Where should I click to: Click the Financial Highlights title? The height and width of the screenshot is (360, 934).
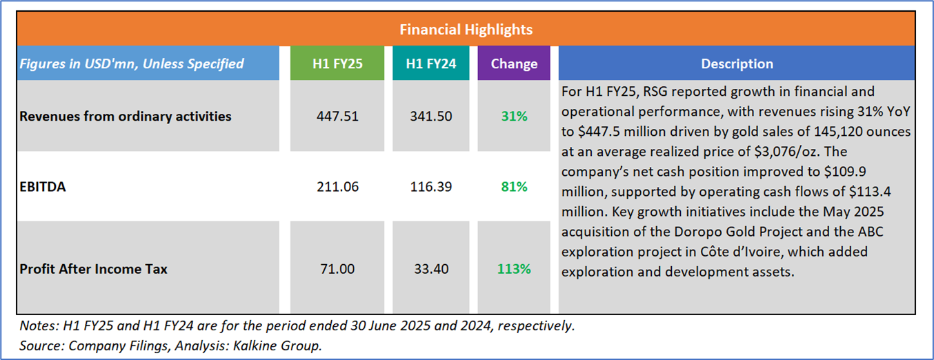click(x=466, y=30)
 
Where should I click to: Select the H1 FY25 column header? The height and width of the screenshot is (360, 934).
click(x=336, y=63)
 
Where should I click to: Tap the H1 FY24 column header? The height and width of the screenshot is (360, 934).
click(x=431, y=63)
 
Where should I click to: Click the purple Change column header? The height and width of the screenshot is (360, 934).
click(x=514, y=63)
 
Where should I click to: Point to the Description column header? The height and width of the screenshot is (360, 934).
click(x=737, y=63)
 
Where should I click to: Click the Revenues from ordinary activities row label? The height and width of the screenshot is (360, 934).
click(x=126, y=117)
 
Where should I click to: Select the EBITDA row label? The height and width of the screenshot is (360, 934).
click(x=43, y=186)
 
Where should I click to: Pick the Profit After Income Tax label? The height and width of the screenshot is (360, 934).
click(x=94, y=269)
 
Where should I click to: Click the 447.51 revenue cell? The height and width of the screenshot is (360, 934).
click(x=336, y=117)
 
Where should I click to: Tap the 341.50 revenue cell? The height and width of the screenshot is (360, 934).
click(x=431, y=117)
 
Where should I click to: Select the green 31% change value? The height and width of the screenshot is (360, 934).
click(x=514, y=117)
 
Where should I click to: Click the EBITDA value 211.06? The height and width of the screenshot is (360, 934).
click(x=336, y=186)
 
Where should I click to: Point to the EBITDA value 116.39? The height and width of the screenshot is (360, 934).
click(x=431, y=186)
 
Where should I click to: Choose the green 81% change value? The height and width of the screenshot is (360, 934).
click(x=514, y=186)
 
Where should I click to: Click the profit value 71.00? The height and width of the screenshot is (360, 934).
click(x=336, y=269)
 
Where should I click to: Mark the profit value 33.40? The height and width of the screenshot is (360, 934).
click(x=431, y=269)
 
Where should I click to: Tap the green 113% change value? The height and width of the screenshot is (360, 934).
click(x=514, y=269)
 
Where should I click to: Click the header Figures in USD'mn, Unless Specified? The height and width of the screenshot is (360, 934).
click(x=132, y=63)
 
